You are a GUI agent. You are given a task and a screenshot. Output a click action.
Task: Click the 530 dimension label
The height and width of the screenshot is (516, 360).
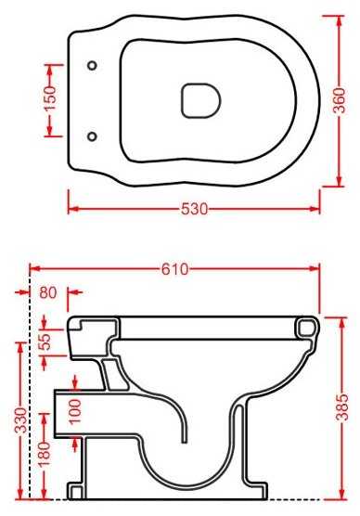[x=194, y=209]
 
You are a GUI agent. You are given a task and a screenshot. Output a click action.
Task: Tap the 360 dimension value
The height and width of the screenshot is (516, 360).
[x=340, y=101]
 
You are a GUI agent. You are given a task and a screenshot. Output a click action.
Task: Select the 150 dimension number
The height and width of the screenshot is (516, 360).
[x=50, y=98]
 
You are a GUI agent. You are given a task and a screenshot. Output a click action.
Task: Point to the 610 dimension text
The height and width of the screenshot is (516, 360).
[x=175, y=269]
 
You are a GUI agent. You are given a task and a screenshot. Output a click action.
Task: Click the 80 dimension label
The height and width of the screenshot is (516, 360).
[x=48, y=292]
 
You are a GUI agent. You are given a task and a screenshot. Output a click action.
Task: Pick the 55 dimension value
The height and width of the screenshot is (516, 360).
[x=45, y=342]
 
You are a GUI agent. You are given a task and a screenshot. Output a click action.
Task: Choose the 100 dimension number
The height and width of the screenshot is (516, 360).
[x=74, y=411]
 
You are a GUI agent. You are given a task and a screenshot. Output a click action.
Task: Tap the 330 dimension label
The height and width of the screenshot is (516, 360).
[x=21, y=420]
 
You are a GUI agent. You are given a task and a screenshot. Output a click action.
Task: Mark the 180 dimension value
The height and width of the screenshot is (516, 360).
[x=45, y=454]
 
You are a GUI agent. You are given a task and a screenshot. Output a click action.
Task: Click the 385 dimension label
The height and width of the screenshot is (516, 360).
[x=341, y=407]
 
